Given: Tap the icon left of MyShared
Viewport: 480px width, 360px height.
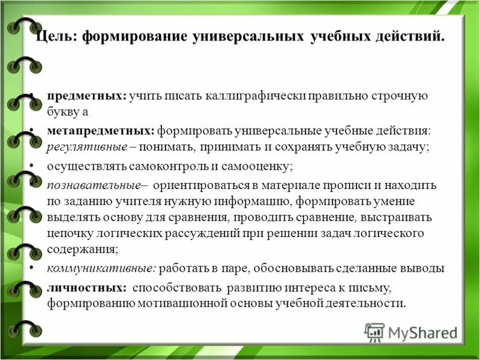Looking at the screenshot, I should [x=374, y=332].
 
